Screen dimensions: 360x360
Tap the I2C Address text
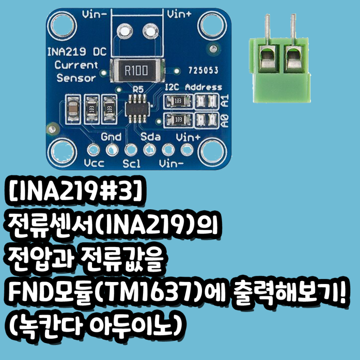(193, 88)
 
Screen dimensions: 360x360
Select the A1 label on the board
(224, 101)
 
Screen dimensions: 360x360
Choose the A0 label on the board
(224, 119)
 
